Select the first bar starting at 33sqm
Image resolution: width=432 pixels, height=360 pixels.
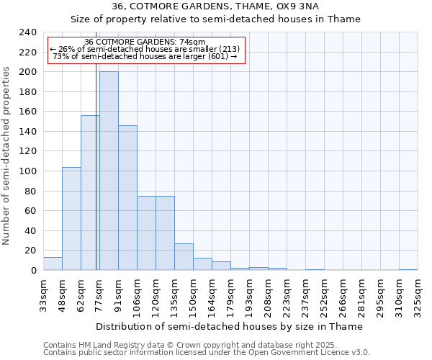(x=53, y=264)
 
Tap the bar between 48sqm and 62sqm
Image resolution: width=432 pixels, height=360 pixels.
(x=71, y=219)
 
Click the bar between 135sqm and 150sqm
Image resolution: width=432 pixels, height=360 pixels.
(x=184, y=257)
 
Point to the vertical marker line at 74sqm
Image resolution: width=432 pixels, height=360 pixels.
(x=96, y=180)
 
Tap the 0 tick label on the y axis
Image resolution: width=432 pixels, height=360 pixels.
(x=33, y=271)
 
